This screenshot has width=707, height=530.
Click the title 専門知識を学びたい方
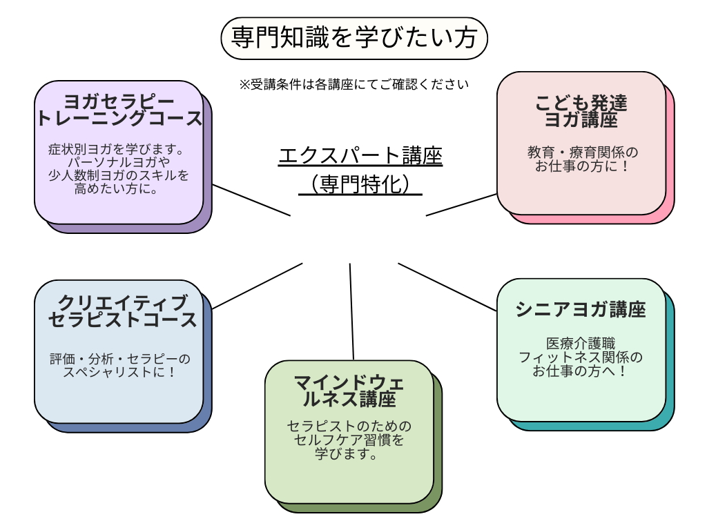[x=354, y=38]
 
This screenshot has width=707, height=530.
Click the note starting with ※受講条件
[x=354, y=85]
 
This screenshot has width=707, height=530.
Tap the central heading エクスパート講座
[x=360, y=156]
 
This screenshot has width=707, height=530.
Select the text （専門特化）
[x=360, y=184]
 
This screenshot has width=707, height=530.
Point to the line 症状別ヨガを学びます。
[x=119, y=149]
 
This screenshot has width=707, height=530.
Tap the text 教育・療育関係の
[x=583, y=152]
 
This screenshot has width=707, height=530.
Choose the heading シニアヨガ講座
[x=581, y=309]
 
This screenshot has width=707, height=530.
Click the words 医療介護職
[x=581, y=343]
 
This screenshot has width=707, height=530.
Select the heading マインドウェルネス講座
[x=350, y=390]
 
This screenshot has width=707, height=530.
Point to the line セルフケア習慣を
[x=349, y=440]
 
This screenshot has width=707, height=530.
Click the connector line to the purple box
[x=251, y=200]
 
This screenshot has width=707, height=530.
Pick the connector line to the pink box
[x=461, y=204]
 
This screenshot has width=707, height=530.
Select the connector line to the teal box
[x=447, y=286]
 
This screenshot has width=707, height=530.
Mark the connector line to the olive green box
[x=351, y=311]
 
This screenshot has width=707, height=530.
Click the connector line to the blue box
[x=258, y=286]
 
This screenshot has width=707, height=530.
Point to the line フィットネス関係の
[x=581, y=357]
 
